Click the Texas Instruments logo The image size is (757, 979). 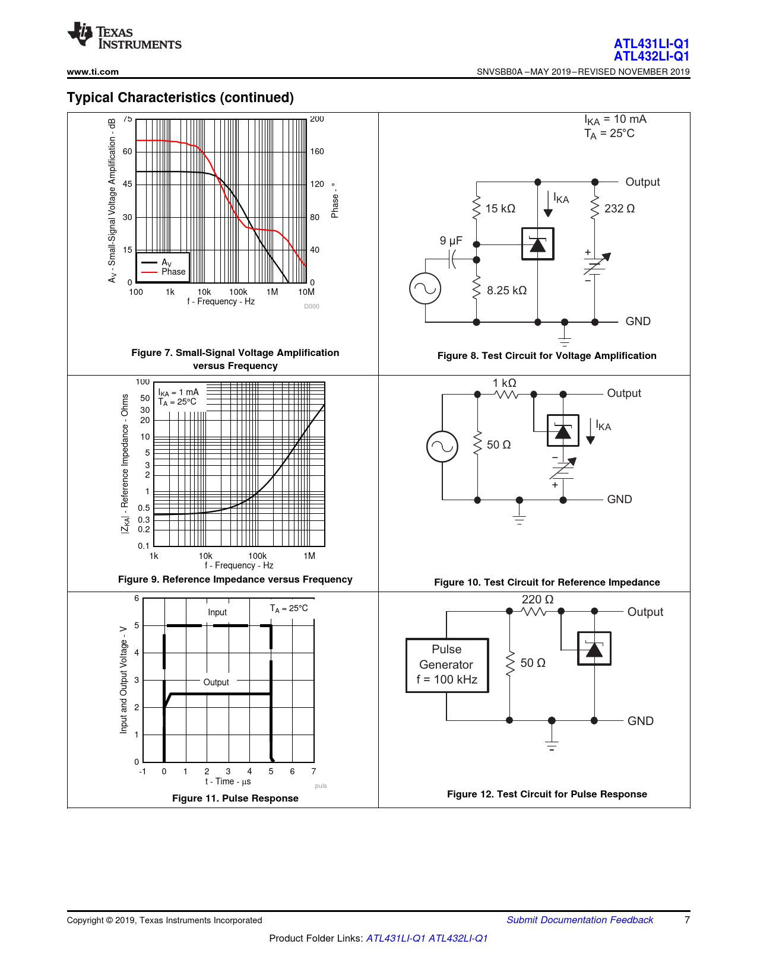pyautogui.click(x=124, y=36)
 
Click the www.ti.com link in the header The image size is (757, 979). pyautogui.click(x=93, y=72)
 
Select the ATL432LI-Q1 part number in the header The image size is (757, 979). pyautogui.click(x=651, y=56)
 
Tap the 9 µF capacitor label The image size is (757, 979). pyautogui.click(x=451, y=241)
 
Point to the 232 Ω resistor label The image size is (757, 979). pyautogui.click(x=619, y=209)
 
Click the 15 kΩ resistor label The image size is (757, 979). pyautogui.click(x=500, y=209)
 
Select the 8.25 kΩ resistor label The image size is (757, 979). pyautogui.click(x=506, y=291)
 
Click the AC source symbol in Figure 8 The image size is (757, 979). pyautogui.click(x=425, y=288)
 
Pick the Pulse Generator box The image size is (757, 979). pyautogui.click(x=447, y=665)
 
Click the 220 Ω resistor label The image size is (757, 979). pyautogui.click(x=537, y=600)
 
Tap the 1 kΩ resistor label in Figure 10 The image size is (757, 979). pyautogui.click(x=504, y=383)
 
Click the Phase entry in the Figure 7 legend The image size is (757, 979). pyautogui.click(x=173, y=272)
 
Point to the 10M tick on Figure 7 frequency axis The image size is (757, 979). pyautogui.click(x=306, y=292)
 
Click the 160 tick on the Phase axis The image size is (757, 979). pyautogui.click(x=317, y=152)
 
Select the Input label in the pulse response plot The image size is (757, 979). pyautogui.click(x=217, y=612)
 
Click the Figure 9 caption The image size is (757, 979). pyautogui.click(x=235, y=580)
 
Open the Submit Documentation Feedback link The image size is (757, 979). pyautogui.click(x=579, y=920)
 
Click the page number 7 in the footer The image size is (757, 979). pyautogui.click(x=687, y=920)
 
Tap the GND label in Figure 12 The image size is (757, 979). pyautogui.click(x=640, y=721)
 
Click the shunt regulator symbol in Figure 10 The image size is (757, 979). pyautogui.click(x=563, y=431)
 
